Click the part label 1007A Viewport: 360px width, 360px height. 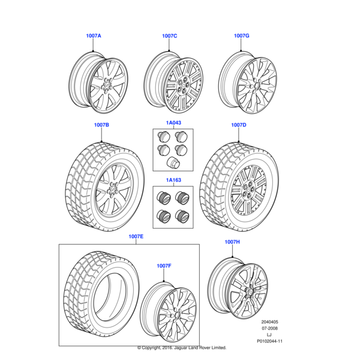coord(94,36)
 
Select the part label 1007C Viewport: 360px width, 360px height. coord(169,36)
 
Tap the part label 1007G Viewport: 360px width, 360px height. coord(241,36)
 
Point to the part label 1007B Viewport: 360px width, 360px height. coord(101,125)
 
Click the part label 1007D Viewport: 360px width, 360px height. coord(239,125)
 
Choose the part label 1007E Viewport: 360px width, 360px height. coord(136,236)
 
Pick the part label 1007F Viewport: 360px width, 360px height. coord(164,265)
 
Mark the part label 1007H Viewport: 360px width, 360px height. coord(232,242)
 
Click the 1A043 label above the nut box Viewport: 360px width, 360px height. coord(173,122)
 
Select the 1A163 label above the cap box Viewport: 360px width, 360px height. coord(173,179)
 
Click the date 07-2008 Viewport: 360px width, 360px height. coord(268,328)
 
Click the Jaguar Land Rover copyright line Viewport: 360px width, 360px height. coord(181,347)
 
